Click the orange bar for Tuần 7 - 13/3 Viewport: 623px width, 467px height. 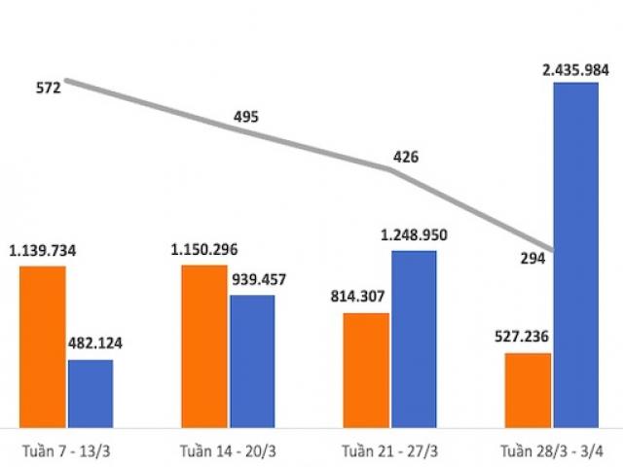(x=42, y=345)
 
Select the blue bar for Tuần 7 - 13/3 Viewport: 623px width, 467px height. (x=90, y=393)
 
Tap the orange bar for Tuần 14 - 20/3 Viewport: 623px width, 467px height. (x=203, y=344)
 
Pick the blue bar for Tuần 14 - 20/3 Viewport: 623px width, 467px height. (x=252, y=360)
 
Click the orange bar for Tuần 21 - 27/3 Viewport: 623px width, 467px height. (x=365, y=370)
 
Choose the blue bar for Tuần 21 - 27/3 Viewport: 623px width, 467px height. (x=414, y=338)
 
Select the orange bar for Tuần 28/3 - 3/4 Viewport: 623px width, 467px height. (x=528, y=389)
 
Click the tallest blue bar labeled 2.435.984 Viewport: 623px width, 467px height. (x=575, y=253)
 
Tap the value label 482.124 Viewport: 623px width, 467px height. (x=94, y=343)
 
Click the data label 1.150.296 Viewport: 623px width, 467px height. (x=204, y=250)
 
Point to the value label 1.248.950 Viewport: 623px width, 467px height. (x=414, y=235)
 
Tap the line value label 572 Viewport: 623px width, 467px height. (x=48, y=88)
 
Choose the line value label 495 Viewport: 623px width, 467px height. (x=246, y=117)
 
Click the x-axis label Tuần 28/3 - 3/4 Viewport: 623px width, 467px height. (x=551, y=450)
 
